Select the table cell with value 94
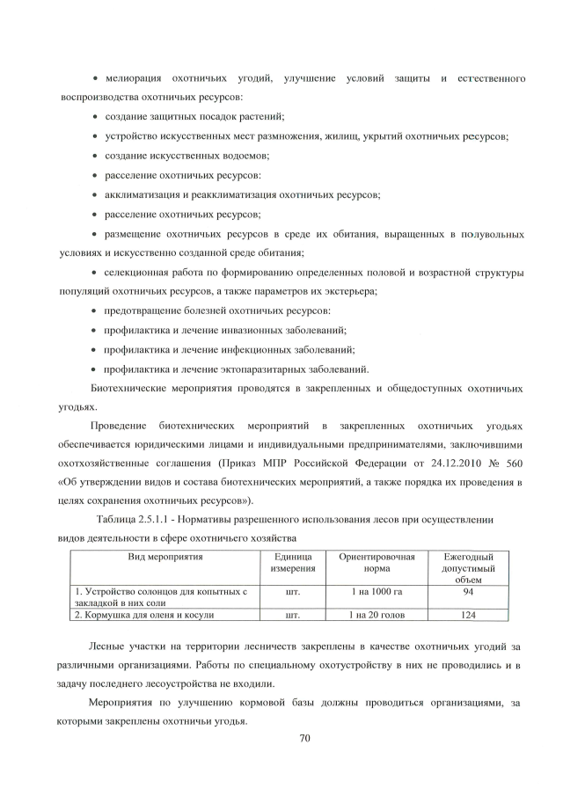pyautogui.click(x=468, y=593)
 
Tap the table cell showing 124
pyautogui.click(x=468, y=615)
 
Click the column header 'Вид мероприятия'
pyautogui.click(x=165, y=558)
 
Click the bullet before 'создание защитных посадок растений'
pyautogui.click(x=95, y=117)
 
